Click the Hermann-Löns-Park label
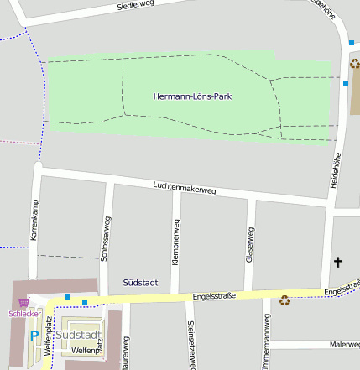192,96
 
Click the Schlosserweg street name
106,240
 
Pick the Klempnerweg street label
175,242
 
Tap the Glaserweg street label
249,245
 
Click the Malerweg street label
345,344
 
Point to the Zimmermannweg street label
267,340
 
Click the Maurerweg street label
125,353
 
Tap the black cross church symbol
338,263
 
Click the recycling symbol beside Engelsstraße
284,300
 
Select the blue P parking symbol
34,336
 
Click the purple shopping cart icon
23,302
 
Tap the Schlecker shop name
24,314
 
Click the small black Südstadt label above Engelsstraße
140,283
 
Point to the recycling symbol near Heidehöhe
355,64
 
